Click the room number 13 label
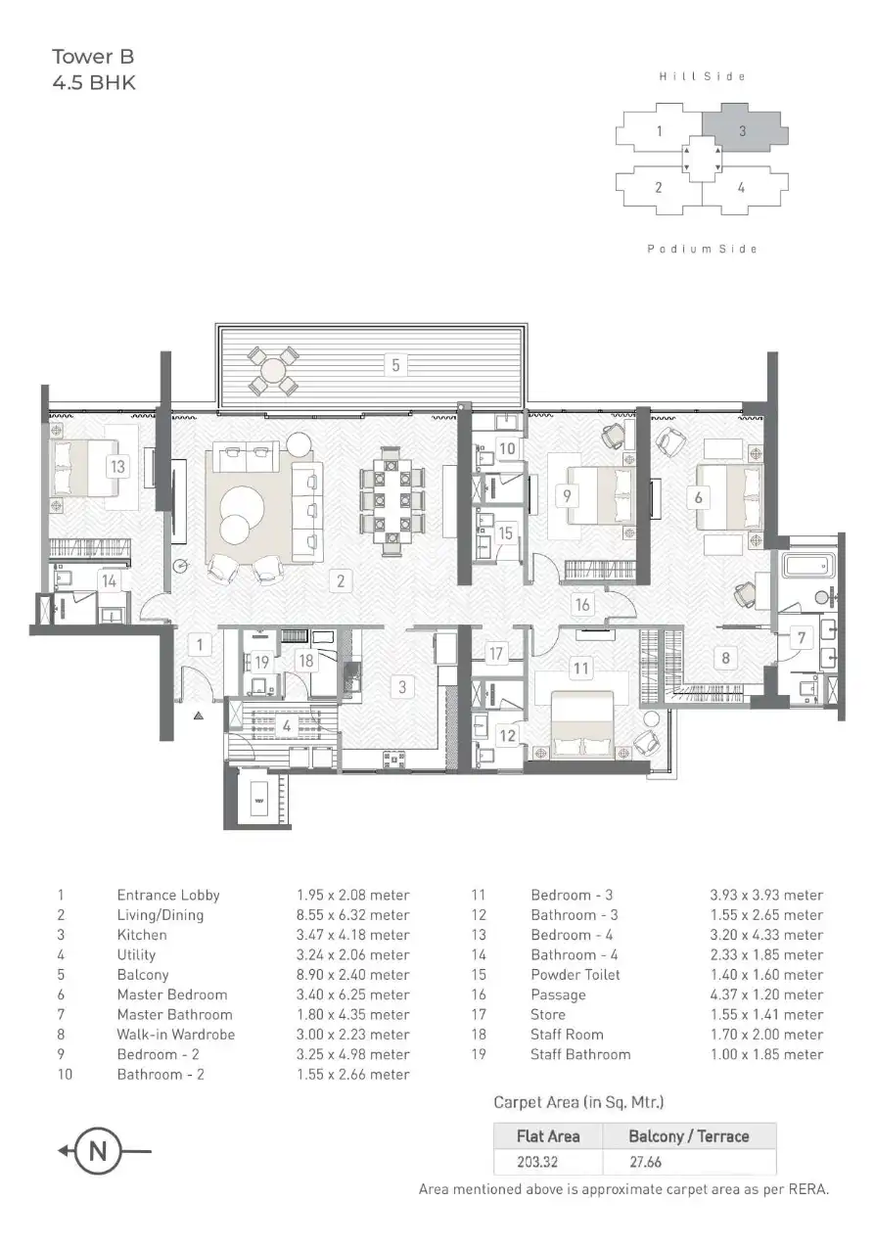tap(117, 467)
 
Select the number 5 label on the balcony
tap(395, 365)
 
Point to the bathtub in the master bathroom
tap(808, 567)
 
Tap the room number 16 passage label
tap(582, 605)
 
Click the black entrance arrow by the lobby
tap(199, 716)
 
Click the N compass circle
tap(98, 1151)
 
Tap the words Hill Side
tap(702, 76)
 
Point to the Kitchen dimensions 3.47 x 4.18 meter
tap(353, 935)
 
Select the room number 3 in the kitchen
tap(401, 687)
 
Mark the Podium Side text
tap(702, 249)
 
